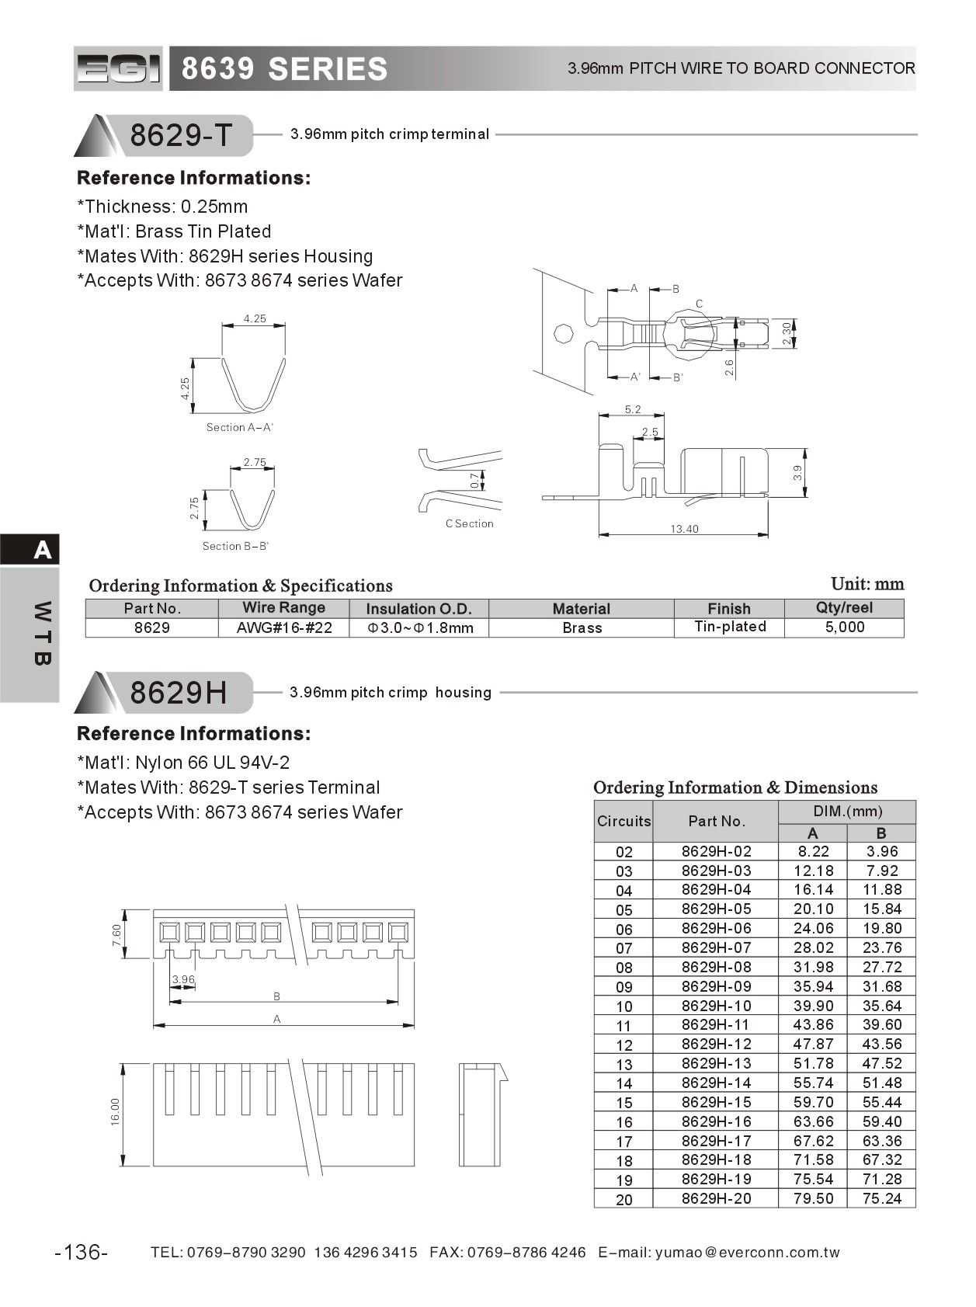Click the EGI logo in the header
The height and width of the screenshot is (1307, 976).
click(118, 68)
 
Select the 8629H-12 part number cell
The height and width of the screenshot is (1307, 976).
click(716, 1044)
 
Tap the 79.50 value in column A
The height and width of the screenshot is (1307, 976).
click(813, 1198)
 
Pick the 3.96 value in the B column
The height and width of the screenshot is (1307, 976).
click(881, 851)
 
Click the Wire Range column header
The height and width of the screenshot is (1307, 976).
click(283, 608)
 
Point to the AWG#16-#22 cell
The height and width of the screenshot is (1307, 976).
click(284, 627)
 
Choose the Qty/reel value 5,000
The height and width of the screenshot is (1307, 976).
click(844, 627)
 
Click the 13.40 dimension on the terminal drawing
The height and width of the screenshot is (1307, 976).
click(684, 529)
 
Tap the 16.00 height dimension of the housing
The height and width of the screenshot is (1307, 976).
click(115, 1112)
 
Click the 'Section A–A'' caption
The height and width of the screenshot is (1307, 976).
click(239, 427)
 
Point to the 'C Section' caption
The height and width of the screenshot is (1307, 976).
click(469, 523)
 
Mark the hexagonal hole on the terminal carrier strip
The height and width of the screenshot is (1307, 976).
click(563, 335)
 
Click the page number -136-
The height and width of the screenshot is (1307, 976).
click(82, 1252)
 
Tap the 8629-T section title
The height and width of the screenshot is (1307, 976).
click(180, 135)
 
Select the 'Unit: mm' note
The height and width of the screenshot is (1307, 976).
click(867, 584)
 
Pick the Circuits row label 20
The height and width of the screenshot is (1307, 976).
click(623, 1199)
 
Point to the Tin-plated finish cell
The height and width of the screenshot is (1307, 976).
click(729, 627)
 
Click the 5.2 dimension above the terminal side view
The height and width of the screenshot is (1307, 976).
click(632, 409)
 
